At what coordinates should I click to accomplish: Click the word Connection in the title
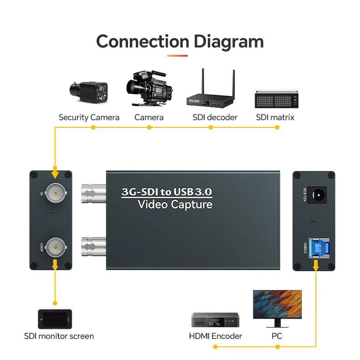tap(143, 41)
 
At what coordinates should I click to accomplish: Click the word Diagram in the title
tap(229, 41)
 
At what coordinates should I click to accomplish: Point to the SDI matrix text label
tap(275, 118)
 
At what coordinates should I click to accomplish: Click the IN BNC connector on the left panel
tap(55, 193)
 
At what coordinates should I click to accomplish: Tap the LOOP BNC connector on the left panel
tap(55, 247)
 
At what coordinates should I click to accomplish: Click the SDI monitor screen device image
tap(55, 319)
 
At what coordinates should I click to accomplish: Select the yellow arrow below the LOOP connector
tap(55, 265)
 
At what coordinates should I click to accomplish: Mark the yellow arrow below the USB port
tap(316, 266)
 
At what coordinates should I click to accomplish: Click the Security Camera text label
tap(89, 118)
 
